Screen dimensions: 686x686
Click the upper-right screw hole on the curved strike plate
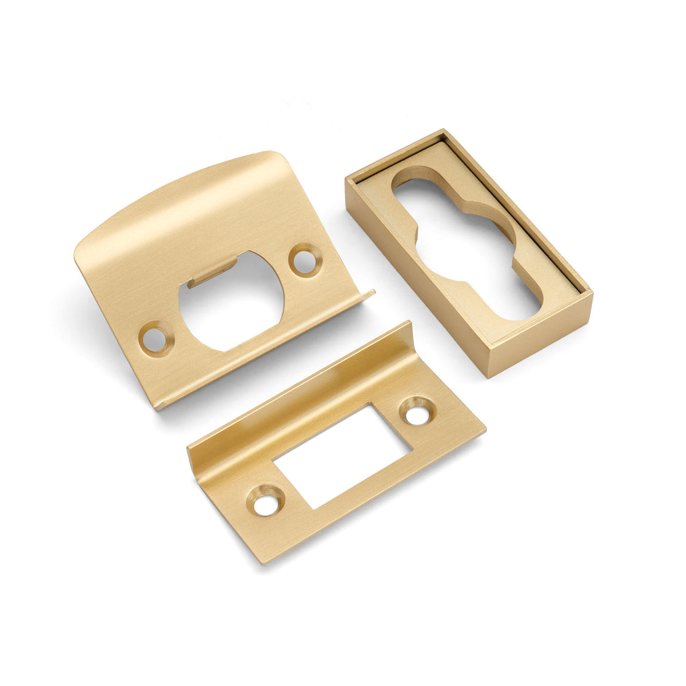[x=305, y=261]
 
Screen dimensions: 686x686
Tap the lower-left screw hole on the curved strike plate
[x=155, y=339]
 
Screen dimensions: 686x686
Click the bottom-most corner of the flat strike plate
[x=262, y=563]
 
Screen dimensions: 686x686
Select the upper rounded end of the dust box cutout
[x=409, y=186]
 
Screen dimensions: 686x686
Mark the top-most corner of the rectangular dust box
[x=443, y=131]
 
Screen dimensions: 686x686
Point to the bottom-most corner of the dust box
[x=487, y=377]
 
